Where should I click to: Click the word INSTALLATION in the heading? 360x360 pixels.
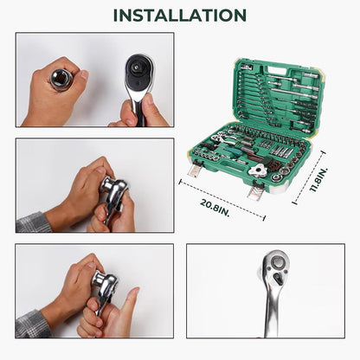tap(180, 16)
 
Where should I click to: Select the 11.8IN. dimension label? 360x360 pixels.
tap(318, 180)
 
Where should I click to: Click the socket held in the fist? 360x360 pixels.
tap(61, 80)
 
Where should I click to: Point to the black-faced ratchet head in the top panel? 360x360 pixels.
tap(138, 72)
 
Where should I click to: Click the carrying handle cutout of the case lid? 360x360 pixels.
tap(277, 70)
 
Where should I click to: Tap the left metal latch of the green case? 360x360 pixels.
tap(195, 168)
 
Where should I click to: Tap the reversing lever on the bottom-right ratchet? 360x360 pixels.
tap(278, 279)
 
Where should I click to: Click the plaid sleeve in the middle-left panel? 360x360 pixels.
tap(33, 222)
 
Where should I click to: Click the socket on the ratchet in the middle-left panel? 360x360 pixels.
tap(106, 184)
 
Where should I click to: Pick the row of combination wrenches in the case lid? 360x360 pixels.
tap(254, 97)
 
